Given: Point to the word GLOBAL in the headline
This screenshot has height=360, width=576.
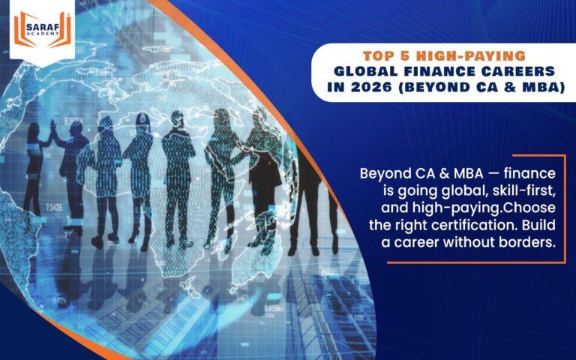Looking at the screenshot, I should (x=367, y=71).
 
